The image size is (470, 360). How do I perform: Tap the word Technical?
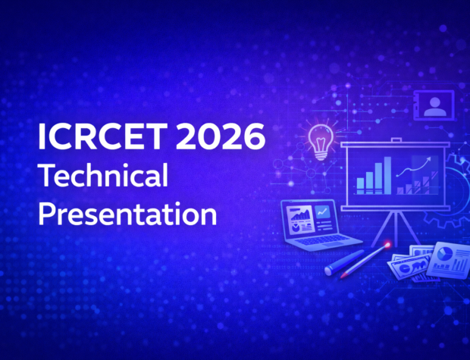pyautogui.click(x=103, y=177)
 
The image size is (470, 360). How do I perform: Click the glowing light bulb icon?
pyautogui.click(x=321, y=138)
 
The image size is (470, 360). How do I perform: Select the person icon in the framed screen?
pyautogui.click(x=434, y=106)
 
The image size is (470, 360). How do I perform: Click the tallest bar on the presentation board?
pyautogui.click(x=387, y=174)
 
